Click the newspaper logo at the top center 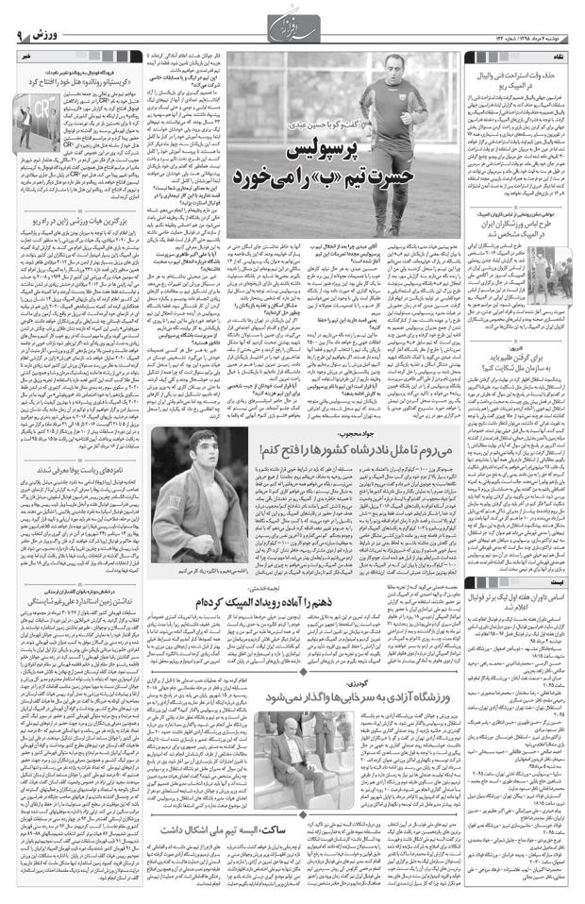tap(292, 21)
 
